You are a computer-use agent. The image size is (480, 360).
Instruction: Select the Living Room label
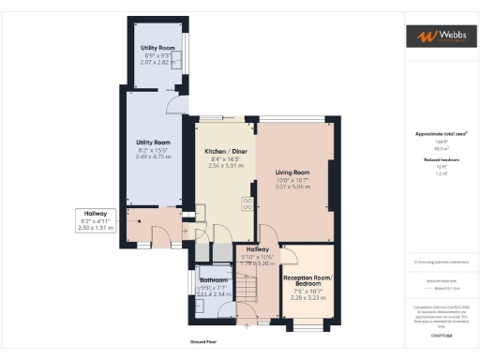tap(292, 172)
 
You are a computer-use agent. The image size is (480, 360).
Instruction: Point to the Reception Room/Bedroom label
tap(308, 281)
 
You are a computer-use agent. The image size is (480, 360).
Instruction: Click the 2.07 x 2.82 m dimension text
tap(158, 62)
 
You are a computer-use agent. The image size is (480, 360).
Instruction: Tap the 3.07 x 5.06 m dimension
tap(292, 187)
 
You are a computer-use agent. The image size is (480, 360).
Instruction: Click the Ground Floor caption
tap(202, 343)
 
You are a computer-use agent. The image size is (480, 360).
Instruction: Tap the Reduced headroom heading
tap(439, 160)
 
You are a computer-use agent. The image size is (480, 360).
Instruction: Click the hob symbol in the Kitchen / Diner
tap(247, 201)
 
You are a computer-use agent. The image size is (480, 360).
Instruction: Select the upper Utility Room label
tap(158, 47)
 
